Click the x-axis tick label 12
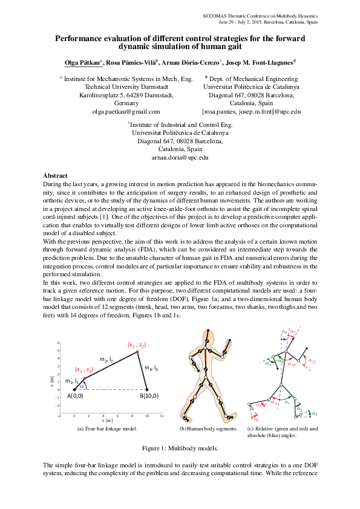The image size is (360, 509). (x=162, y=416)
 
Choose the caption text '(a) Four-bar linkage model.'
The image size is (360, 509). (x=108, y=429)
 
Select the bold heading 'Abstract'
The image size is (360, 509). (x=55, y=175)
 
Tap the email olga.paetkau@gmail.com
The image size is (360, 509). (x=126, y=111)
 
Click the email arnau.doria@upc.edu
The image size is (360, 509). (x=180, y=157)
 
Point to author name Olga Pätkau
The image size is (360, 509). (x=84, y=63)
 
